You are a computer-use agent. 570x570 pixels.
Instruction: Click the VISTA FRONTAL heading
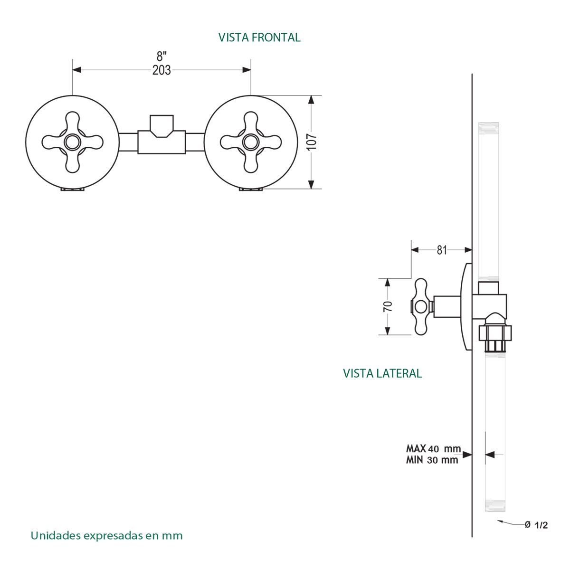point(259,38)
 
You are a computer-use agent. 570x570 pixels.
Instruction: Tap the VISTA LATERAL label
point(382,373)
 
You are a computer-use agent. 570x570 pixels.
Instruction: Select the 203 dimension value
point(161,70)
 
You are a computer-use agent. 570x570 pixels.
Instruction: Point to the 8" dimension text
point(161,56)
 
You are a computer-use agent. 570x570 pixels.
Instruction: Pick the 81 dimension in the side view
point(442,250)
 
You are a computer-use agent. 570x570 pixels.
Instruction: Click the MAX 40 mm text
point(433,449)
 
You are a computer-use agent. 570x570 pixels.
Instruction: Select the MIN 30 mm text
point(432,460)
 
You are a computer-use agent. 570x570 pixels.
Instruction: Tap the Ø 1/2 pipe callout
point(536,525)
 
